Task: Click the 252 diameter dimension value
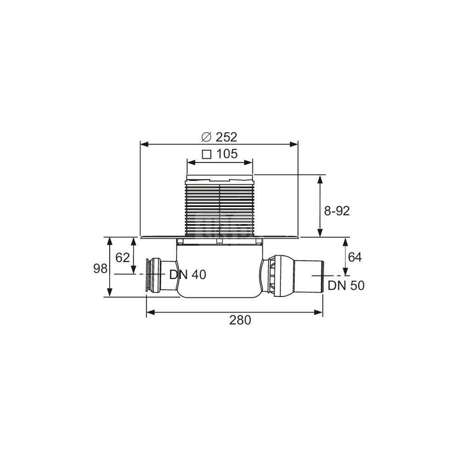point(226,137)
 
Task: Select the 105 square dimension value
point(227,154)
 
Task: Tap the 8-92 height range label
point(337,211)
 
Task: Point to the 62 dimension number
point(123,257)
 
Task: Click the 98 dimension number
point(101,269)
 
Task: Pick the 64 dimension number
point(355,257)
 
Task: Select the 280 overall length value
point(240,320)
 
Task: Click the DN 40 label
point(188,274)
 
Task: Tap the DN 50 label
point(346,285)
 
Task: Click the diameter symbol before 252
point(206,137)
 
